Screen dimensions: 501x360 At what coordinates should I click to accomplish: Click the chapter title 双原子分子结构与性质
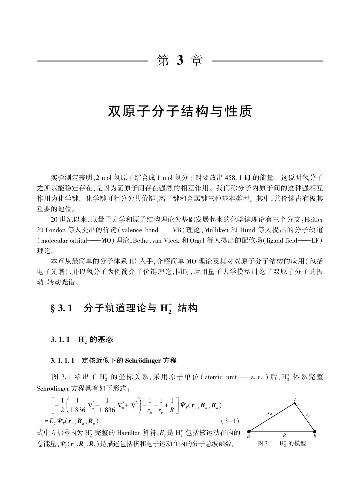tap(180, 111)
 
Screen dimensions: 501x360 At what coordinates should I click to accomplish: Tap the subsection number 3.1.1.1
tap(63, 360)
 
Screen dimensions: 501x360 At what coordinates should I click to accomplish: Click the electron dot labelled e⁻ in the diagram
tap(295, 403)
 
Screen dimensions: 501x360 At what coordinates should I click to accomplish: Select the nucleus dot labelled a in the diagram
tap(249, 432)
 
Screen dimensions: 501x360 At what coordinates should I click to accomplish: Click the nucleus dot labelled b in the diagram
tap(315, 432)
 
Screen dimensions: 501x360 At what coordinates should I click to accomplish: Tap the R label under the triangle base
tap(284, 436)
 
